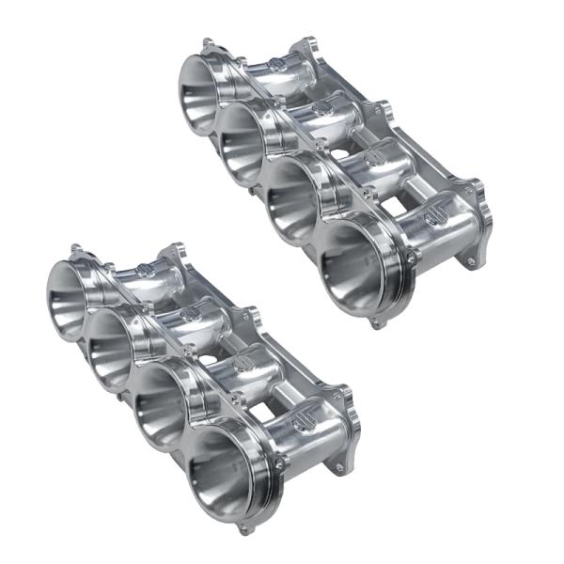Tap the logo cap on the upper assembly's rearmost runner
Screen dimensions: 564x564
274,64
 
